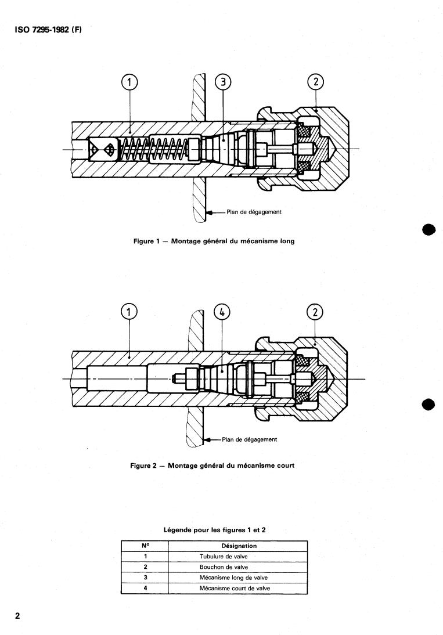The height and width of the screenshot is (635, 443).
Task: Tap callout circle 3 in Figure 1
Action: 223,82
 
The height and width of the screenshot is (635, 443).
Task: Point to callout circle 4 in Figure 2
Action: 223,312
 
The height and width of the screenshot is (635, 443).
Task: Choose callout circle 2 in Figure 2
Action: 315,312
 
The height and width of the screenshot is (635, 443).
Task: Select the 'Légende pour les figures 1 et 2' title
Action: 214,531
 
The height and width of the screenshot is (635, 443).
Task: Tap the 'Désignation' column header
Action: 239,546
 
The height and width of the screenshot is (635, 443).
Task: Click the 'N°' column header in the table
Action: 145,546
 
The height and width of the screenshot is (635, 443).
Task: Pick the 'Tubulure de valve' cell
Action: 224,557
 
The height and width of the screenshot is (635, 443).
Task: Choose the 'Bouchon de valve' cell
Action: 224,567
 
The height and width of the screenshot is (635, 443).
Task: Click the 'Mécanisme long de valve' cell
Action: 234,578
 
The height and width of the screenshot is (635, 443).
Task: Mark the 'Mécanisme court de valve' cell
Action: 235,589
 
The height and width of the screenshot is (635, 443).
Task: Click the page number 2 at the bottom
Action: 17,616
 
